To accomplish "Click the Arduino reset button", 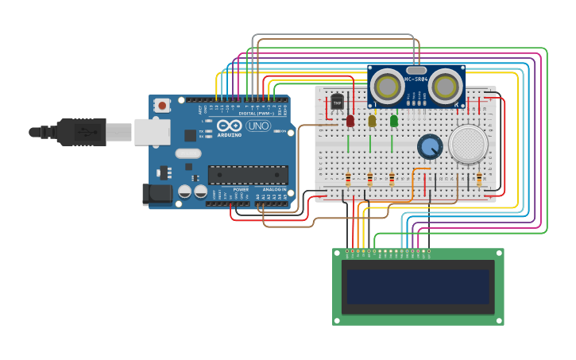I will [162, 105].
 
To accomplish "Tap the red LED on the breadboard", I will [350, 121].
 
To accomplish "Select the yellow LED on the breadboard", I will [372, 121].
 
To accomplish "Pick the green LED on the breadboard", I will [394, 121].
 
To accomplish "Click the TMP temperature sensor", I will [337, 103].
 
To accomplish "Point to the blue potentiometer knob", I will [430, 146].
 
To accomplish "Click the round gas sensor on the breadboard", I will [468, 144].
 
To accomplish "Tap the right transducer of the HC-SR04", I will [446, 87].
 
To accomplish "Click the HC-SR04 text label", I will [416, 79].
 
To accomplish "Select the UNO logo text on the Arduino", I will [258, 126].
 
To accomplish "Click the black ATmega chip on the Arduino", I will [248, 174].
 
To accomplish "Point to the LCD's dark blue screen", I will [418, 287].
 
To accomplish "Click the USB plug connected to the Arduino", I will [80, 132].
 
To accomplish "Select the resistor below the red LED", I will [348, 180].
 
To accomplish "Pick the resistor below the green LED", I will [392, 180].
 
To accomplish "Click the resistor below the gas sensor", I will [479, 180].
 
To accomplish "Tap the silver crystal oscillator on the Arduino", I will [188, 153].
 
